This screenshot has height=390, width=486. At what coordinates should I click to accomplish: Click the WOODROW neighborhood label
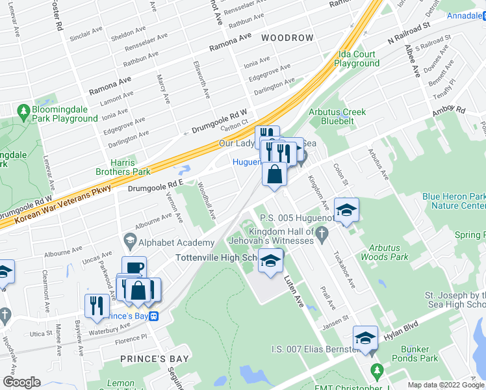[287, 38]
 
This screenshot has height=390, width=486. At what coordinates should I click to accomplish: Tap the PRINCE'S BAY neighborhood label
[155, 358]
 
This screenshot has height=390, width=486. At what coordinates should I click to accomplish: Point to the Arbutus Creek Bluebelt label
[337, 116]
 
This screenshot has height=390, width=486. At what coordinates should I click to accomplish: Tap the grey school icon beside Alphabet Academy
[129, 242]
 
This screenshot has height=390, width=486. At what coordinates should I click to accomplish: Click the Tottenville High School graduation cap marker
[271, 261]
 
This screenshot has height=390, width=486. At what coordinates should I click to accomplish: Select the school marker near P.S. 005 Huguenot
[347, 210]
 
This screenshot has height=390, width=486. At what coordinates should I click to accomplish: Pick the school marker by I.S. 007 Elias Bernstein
[365, 338]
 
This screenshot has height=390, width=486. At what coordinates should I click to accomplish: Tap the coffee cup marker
[134, 268]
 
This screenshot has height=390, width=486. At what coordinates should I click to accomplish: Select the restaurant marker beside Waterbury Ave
[97, 305]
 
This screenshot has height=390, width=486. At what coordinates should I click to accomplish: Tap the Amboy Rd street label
[452, 112]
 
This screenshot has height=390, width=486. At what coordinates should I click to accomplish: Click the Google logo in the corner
[21, 382]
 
